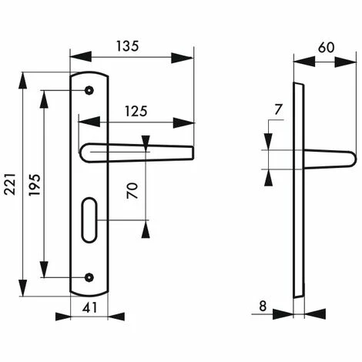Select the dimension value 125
click(x=135, y=111)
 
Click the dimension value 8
click(x=263, y=307)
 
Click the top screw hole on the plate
click(x=89, y=91)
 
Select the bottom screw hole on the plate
click(x=89, y=277)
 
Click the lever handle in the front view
click(x=139, y=152)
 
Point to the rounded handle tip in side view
click(x=350, y=159)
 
